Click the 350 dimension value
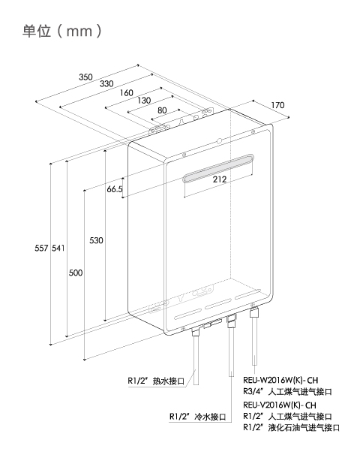[85, 77]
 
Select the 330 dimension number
[106, 84]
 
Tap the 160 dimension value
[127, 93]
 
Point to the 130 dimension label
[144, 101]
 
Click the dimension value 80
[162, 110]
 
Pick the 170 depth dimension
[277, 105]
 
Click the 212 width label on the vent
[220, 179]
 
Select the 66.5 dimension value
[115, 189]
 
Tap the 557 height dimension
[41, 248]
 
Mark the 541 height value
[58, 248]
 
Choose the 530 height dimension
[96, 240]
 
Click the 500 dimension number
[76, 273]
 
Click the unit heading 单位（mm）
[62, 31]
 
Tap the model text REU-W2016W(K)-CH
[280, 381]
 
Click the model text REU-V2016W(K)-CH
[280, 405]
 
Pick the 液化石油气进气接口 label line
[292, 427]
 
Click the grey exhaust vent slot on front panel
[218, 168]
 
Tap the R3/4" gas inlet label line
[288, 391]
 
